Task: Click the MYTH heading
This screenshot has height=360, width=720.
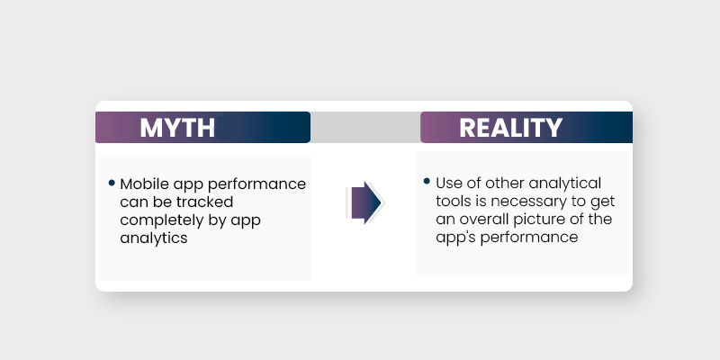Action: coord(177,128)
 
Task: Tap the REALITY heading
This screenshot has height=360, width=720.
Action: coord(510,128)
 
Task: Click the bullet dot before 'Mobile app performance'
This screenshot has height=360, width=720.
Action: coord(112,183)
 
